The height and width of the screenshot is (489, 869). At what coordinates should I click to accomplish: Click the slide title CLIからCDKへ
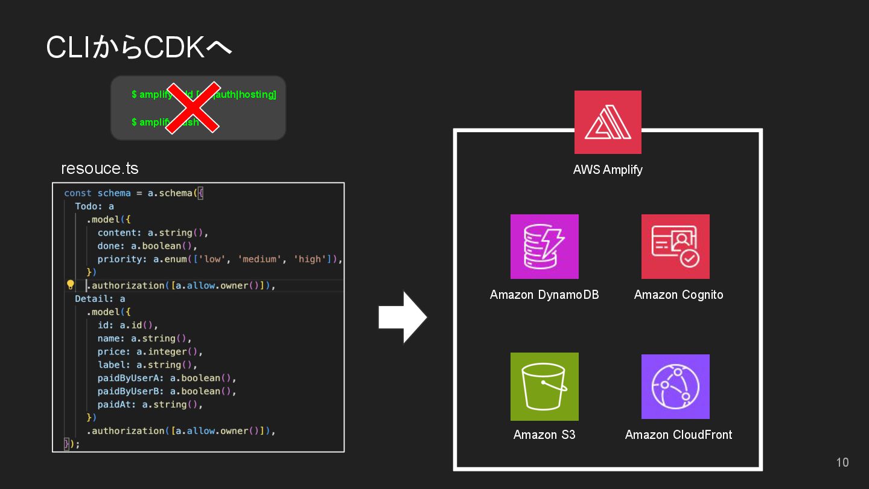[139, 48]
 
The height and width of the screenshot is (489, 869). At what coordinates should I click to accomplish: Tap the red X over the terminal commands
[193, 107]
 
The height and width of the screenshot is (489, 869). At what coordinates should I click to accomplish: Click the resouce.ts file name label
[100, 168]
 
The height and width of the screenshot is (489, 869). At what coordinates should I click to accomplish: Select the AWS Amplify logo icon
[608, 122]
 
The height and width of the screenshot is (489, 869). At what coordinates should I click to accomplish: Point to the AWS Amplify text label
[608, 170]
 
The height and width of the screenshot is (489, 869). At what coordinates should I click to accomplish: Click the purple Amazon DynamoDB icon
[544, 246]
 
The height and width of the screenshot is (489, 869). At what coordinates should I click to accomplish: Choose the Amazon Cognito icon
[675, 246]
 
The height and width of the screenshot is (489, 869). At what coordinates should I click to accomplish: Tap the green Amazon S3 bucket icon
[544, 386]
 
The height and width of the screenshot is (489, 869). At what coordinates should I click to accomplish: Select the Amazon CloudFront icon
[675, 386]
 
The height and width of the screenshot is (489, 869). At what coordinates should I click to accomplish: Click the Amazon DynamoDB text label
[544, 295]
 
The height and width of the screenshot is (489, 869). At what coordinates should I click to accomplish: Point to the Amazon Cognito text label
[678, 295]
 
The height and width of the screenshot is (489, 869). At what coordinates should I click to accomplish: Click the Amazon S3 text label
[544, 435]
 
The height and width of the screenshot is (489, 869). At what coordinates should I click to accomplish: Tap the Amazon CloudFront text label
[678, 435]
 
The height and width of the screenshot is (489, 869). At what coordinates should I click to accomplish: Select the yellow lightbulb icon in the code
[70, 285]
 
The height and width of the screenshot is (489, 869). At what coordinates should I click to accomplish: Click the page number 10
[842, 462]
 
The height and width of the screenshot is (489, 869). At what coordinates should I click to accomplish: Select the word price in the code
[111, 351]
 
